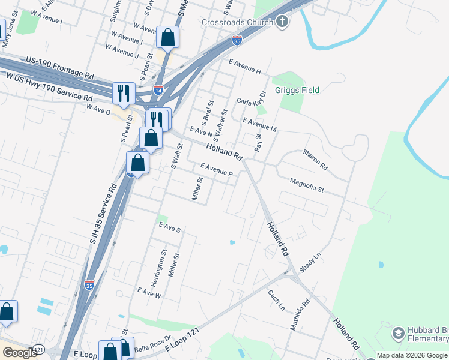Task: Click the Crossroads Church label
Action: [x=241, y=23]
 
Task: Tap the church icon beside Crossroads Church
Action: [x=282, y=23]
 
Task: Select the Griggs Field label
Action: [x=297, y=90]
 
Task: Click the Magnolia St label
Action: [x=306, y=184]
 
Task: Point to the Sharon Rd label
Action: [x=315, y=160]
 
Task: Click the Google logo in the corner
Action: [x=20, y=353]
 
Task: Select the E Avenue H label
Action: [x=244, y=66]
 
